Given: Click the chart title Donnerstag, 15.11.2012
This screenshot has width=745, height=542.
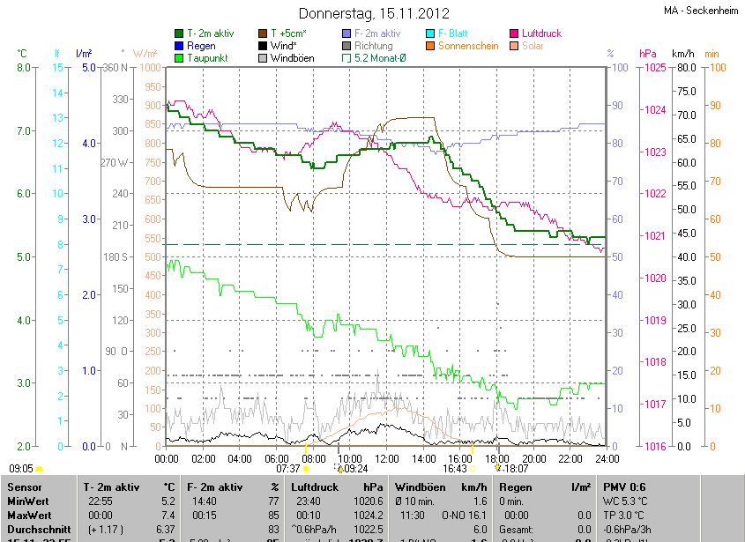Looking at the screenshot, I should coord(374,13).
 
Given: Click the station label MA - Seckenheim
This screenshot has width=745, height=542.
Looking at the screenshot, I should coord(701,11).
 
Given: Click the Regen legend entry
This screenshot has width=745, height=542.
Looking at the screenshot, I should coord(201,46).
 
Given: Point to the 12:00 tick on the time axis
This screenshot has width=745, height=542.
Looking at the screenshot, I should coord(387,458).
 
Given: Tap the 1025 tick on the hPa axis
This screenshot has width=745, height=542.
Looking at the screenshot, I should coord(653,68).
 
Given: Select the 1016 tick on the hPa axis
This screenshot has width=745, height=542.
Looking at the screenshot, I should coord(653,446).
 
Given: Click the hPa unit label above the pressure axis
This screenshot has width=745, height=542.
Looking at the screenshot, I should coord(648,54).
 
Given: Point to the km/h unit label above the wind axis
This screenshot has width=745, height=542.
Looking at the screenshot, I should coord(683,54).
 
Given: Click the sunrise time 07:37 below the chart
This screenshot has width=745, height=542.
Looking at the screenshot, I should coord(288,469).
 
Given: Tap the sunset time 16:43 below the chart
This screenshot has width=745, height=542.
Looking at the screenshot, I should coord(454,469).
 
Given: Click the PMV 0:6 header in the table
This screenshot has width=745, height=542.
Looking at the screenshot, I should coord(624,486).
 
